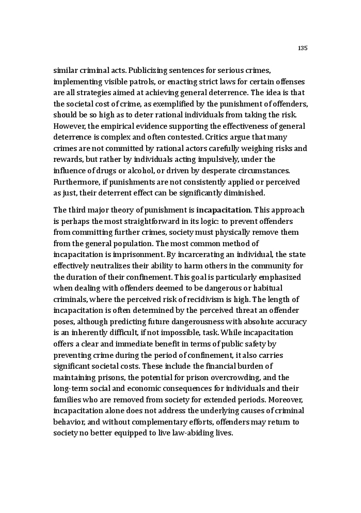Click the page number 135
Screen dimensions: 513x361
click(303, 48)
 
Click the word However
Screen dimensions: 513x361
click(70, 126)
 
